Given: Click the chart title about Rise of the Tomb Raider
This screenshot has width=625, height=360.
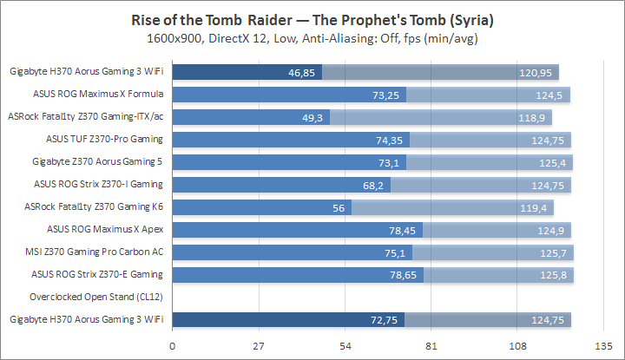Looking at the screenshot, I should [x=312, y=20].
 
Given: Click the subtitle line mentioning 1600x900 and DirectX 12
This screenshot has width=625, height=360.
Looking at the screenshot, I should [x=312, y=38].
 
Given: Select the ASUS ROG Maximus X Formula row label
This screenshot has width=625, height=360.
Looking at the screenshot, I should [x=98, y=94].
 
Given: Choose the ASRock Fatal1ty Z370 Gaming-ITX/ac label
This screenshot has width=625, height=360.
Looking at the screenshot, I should [x=86, y=116].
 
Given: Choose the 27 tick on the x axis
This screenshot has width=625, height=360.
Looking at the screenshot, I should [x=259, y=345].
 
